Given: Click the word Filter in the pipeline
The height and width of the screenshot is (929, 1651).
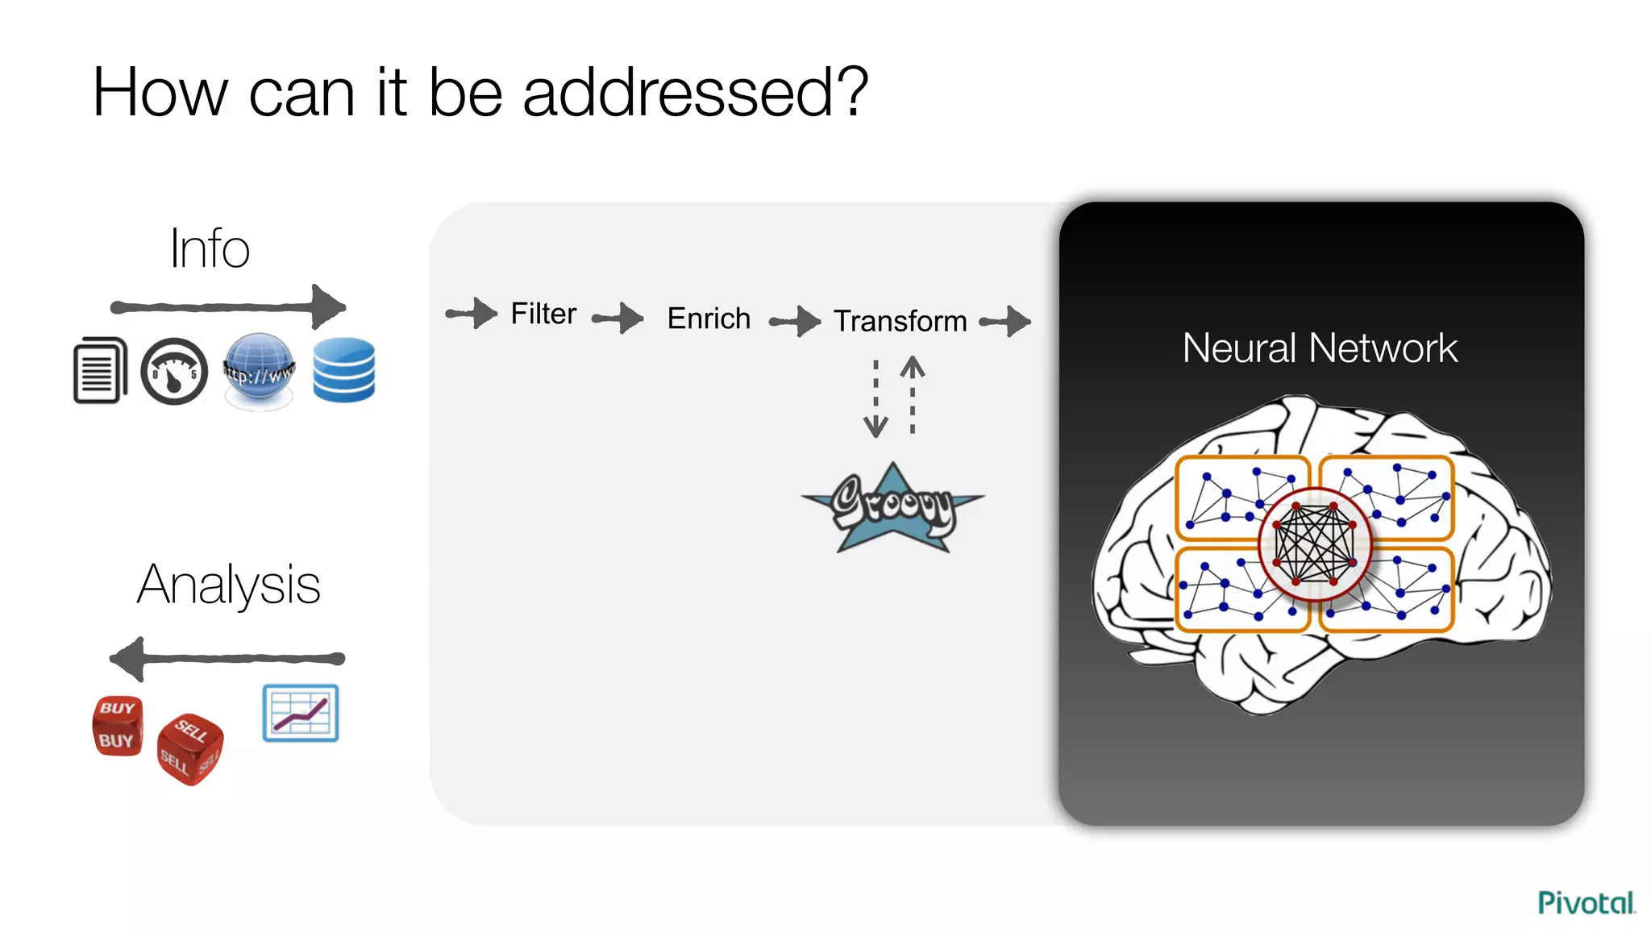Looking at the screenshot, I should (543, 314).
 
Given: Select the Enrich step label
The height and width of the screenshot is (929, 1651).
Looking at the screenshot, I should (709, 319).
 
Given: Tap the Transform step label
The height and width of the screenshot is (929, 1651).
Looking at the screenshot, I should (900, 321).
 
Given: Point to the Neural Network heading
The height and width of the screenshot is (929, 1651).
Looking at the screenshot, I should (1320, 348).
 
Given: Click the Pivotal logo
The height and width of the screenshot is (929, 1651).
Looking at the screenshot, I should (1586, 902).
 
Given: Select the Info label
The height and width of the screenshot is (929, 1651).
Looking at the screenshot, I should (210, 248).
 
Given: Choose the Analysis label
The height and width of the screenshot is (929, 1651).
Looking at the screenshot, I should (229, 585).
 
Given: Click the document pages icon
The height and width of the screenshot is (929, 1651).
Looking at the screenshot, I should (100, 370).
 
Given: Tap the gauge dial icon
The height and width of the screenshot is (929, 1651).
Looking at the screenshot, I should (174, 372).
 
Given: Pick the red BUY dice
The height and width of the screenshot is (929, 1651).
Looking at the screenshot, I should (118, 726).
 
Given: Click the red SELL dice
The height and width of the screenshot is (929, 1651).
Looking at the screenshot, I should (189, 748).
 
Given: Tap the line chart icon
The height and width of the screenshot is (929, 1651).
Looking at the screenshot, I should (301, 713).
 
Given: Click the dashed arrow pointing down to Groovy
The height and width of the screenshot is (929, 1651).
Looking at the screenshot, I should (875, 398).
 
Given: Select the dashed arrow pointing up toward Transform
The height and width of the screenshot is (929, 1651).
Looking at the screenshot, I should (913, 395).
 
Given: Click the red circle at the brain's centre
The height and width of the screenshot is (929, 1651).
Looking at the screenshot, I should (1315, 544).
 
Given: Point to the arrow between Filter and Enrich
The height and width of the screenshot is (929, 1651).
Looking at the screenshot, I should (618, 318).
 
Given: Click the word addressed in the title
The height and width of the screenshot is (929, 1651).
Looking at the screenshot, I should (695, 93).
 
